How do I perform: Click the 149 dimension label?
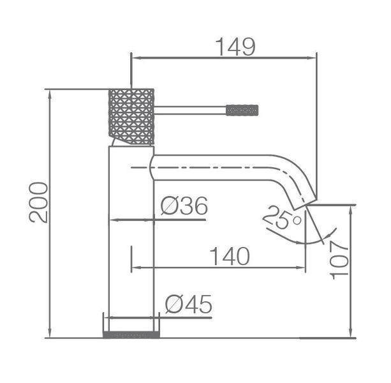[235, 47]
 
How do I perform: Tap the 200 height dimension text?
[38, 202]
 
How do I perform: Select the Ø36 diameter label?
[184, 206]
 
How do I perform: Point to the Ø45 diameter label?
[188, 304]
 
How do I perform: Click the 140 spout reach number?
[230, 256]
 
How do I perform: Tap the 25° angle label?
[283, 217]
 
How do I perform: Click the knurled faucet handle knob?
[131, 117]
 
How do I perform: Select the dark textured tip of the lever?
[242, 110]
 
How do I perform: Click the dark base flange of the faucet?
[131, 335]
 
